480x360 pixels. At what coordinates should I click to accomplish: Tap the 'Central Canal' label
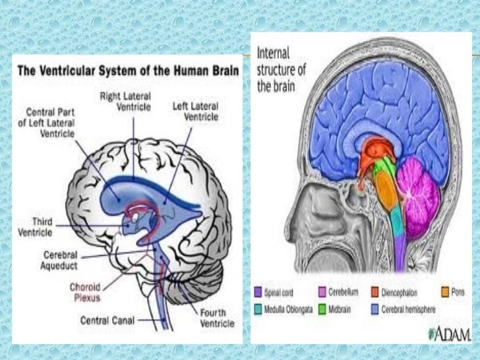pyautogui.click(x=109, y=320)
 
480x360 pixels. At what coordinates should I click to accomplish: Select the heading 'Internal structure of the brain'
pyautogui.click(x=282, y=69)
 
